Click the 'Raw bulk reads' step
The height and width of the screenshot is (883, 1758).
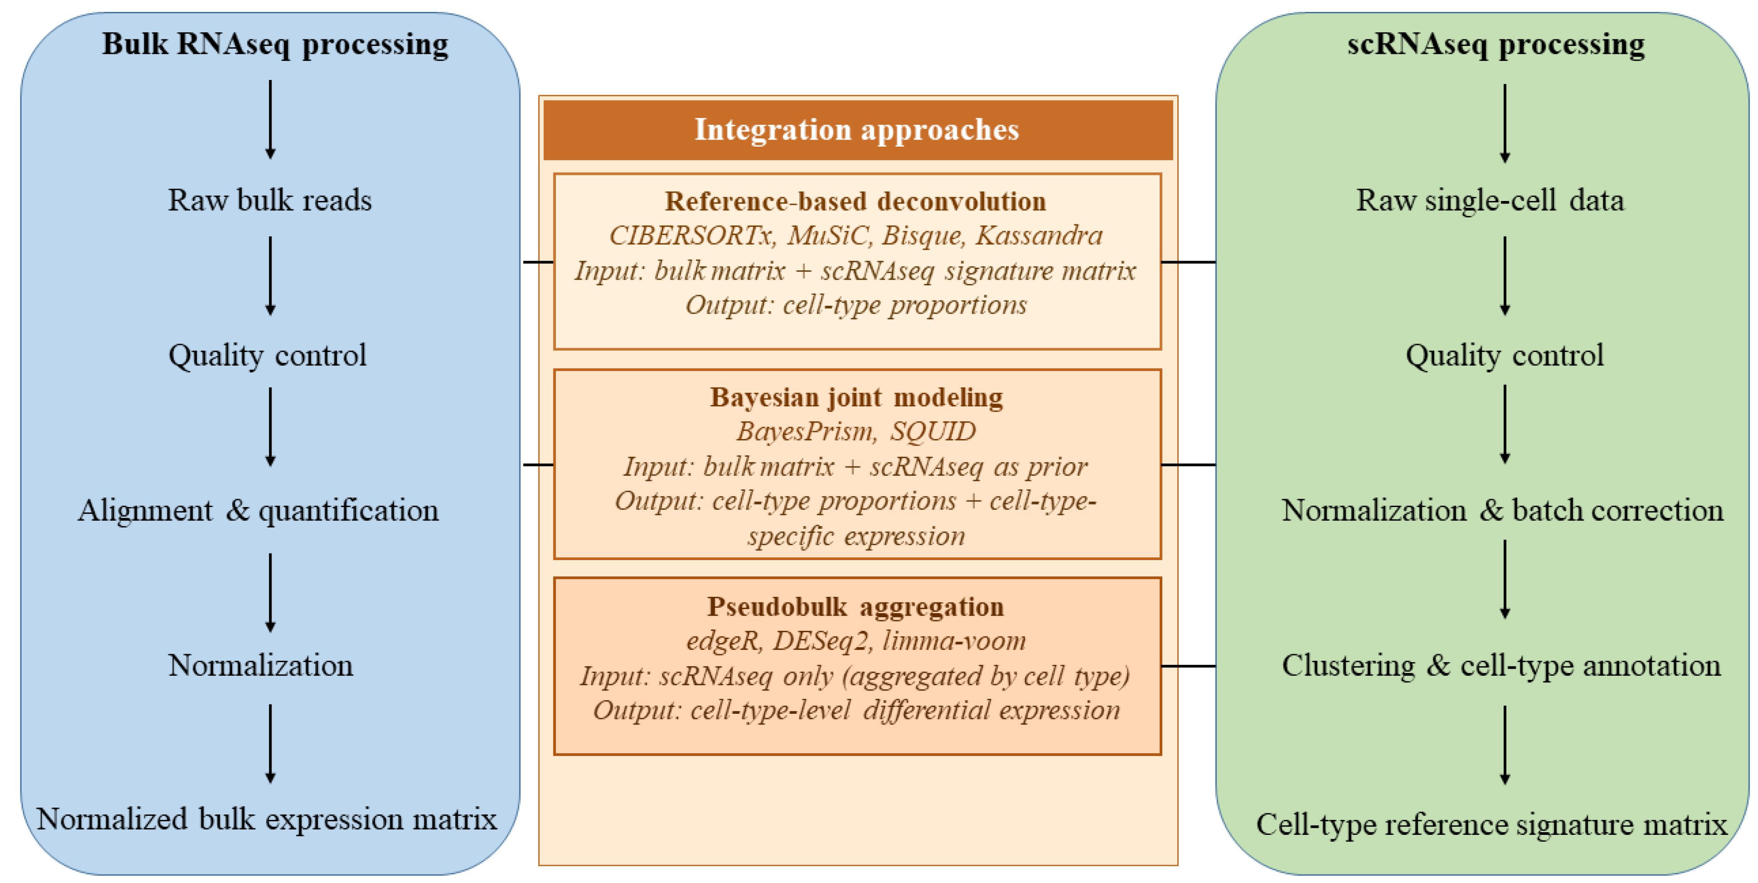click(269, 200)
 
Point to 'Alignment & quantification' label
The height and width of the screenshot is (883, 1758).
click(258, 511)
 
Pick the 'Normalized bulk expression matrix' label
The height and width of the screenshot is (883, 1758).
click(267, 819)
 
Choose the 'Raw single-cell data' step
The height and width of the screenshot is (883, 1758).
click(1490, 200)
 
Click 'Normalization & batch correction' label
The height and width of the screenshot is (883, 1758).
click(1502, 511)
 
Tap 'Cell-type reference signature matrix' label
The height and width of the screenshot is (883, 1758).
click(1492, 824)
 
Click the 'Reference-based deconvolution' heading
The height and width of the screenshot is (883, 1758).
click(856, 201)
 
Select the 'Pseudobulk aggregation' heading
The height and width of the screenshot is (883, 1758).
click(856, 606)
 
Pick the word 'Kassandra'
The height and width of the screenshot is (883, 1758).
click(1039, 235)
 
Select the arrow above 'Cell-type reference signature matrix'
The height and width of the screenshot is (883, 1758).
click(1505, 745)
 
